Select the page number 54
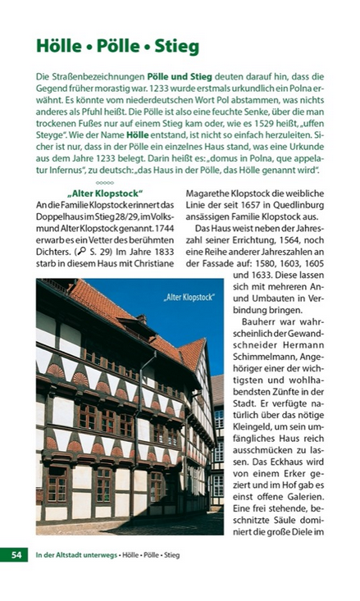(16, 555)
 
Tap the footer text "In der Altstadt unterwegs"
(75, 555)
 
